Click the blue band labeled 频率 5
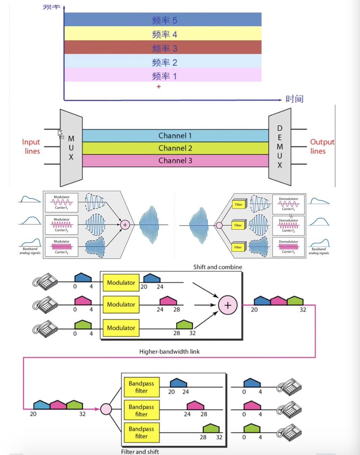point(163,20)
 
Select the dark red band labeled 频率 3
point(163,48)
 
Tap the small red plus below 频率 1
point(159,87)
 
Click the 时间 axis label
point(294,99)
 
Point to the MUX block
point(71,148)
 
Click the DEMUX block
point(280,147)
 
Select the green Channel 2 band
point(175,148)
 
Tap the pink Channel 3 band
point(175,161)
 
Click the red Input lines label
point(31,146)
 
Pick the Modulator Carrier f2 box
point(61,225)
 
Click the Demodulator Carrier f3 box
point(288,247)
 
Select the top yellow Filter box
point(239,205)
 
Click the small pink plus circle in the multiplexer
point(125,225)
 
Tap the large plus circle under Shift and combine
point(228,305)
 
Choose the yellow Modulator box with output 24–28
point(121,305)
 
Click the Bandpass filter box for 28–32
point(141,432)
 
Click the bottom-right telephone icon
point(289,433)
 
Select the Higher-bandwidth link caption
point(169,352)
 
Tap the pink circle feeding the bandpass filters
point(106,409)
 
